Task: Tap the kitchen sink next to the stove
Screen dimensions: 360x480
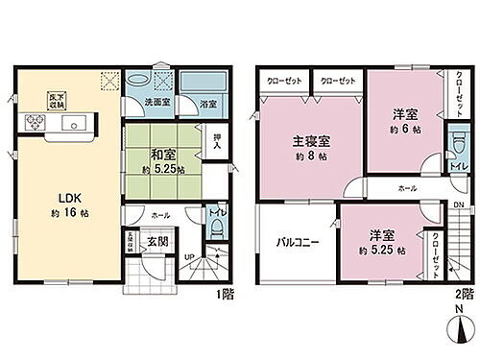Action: pos(72,124)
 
